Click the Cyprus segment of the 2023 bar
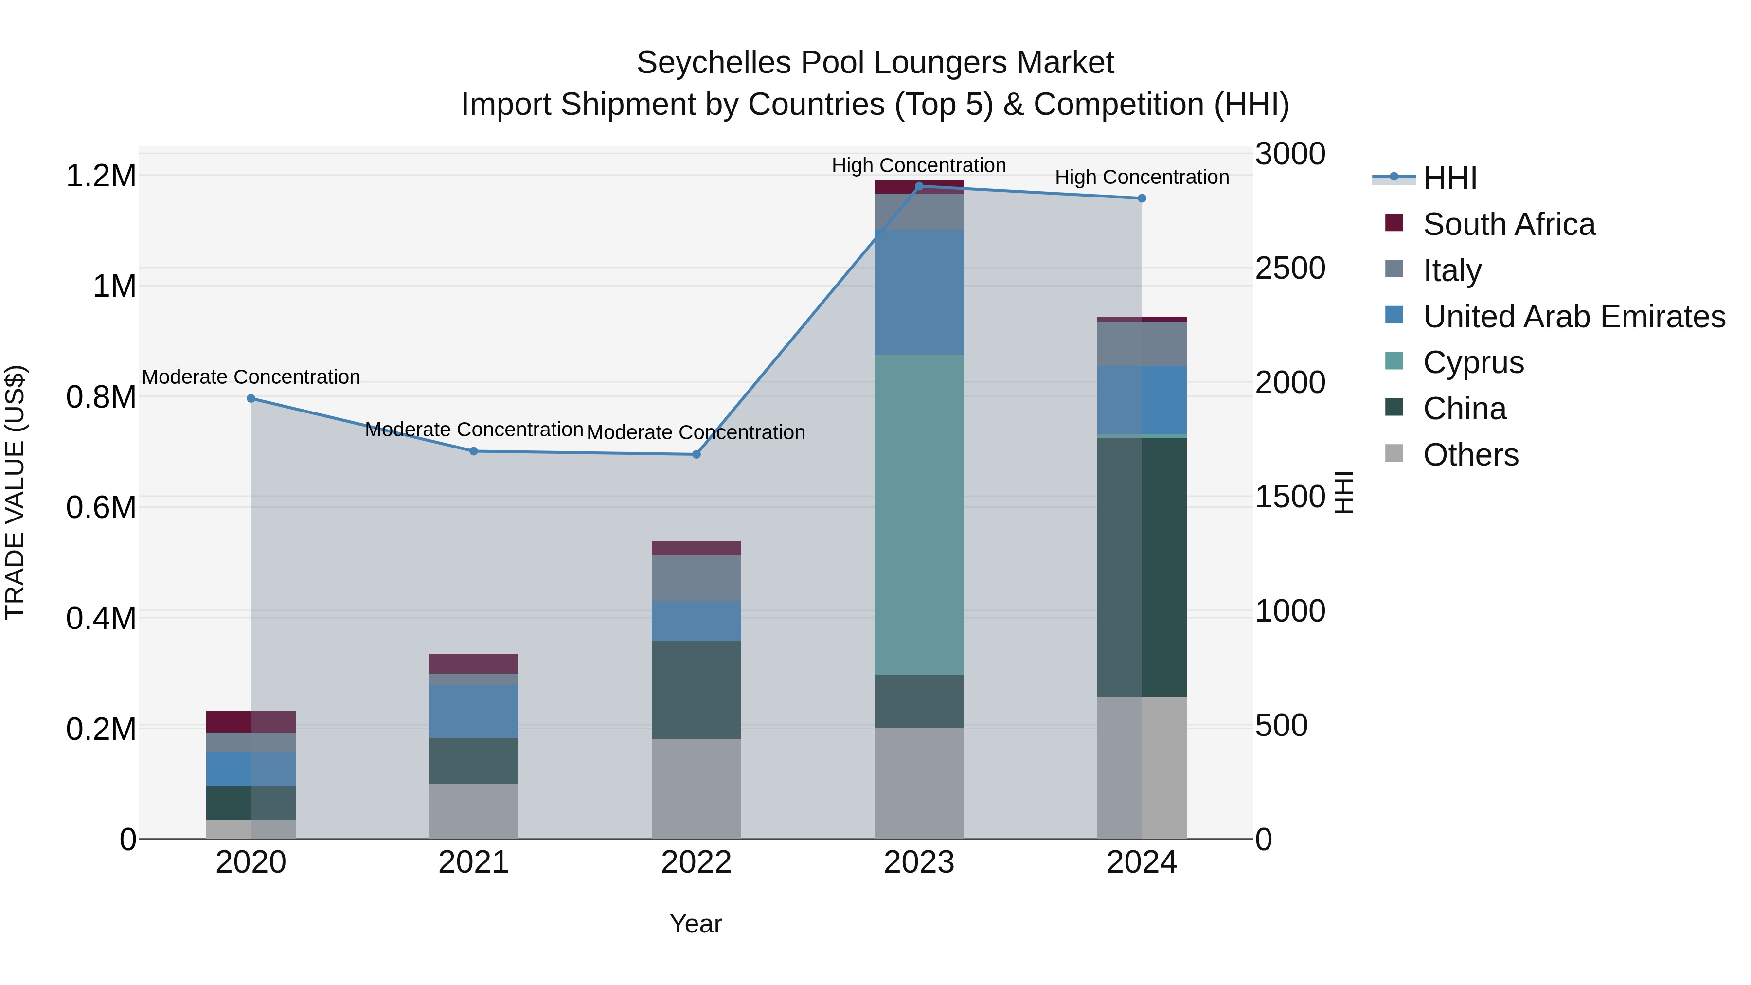click(918, 515)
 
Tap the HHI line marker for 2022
click(696, 454)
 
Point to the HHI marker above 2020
click(251, 398)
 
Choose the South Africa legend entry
click(1508, 224)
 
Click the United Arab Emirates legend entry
click(1573, 317)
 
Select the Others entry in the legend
click(1470, 455)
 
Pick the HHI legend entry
click(1449, 178)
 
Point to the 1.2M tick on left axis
click(101, 176)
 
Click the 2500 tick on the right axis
click(1289, 269)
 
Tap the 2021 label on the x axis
click(473, 862)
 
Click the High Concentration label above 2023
click(918, 165)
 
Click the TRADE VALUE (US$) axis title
click(15, 492)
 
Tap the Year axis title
click(696, 924)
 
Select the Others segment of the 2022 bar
click(696, 788)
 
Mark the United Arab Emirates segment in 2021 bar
click(473, 711)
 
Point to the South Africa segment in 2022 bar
click(696, 549)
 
